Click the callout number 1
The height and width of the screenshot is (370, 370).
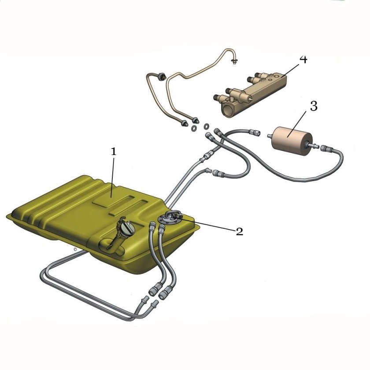(x=114, y=152)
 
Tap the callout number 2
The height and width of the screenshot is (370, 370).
(x=239, y=232)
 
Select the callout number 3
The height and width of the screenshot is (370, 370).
(x=313, y=106)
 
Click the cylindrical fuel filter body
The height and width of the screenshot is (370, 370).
(x=292, y=141)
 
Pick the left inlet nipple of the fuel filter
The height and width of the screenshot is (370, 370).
(x=270, y=136)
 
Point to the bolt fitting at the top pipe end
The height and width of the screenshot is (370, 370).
(x=234, y=62)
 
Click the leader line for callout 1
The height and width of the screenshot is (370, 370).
(x=113, y=177)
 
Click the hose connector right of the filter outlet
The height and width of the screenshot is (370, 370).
(x=326, y=149)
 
